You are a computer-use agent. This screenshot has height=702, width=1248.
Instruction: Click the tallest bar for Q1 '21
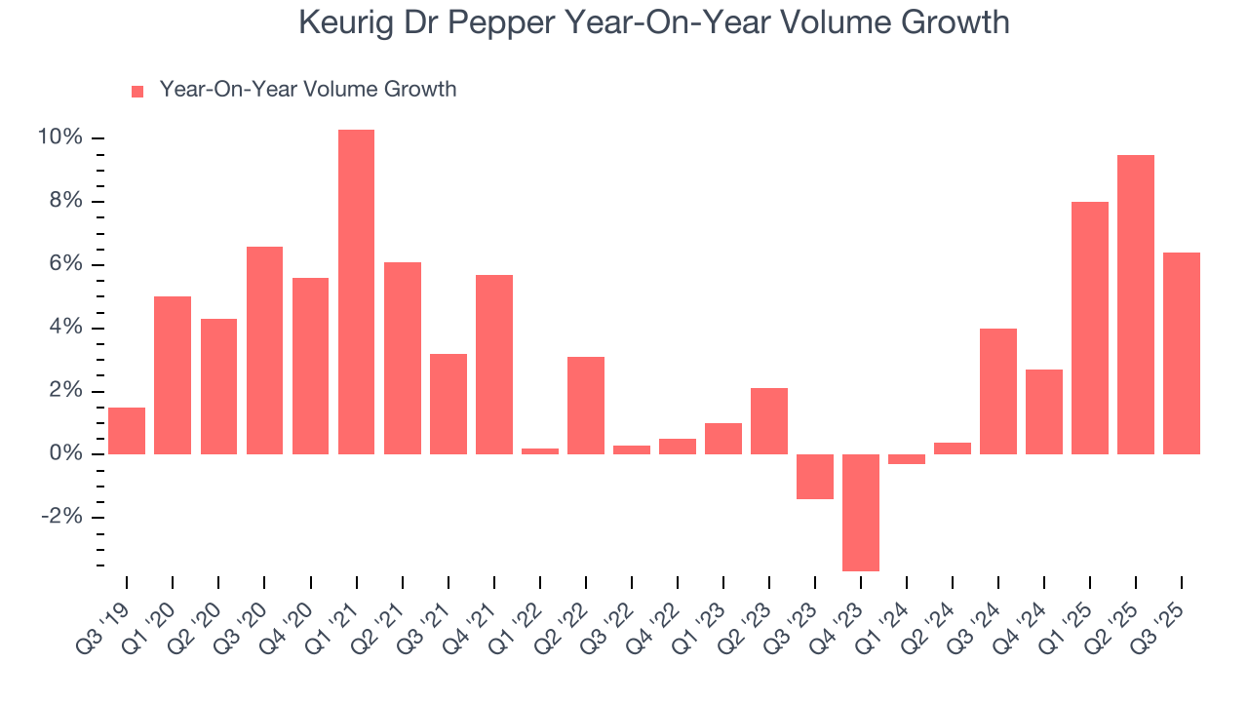coord(356,292)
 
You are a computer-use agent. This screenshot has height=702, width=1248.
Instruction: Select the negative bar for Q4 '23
coord(861,512)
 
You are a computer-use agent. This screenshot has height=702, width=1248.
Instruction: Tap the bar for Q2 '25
coord(1136,304)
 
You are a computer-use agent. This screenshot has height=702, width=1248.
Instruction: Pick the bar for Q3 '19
coord(127,431)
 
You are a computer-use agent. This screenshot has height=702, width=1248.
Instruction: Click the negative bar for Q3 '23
coord(815,477)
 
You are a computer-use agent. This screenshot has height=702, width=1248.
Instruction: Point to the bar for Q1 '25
coord(1090,328)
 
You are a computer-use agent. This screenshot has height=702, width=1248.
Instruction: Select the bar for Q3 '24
coord(998,391)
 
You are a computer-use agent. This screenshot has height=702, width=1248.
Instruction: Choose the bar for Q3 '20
coord(264,350)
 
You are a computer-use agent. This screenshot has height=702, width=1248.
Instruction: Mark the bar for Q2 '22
coord(586,406)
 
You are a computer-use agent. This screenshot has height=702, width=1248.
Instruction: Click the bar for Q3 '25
coord(1182,353)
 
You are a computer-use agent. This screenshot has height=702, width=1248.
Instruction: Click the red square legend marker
coord(137,91)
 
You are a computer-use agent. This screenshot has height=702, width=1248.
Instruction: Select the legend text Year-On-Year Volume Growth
coord(307,90)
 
